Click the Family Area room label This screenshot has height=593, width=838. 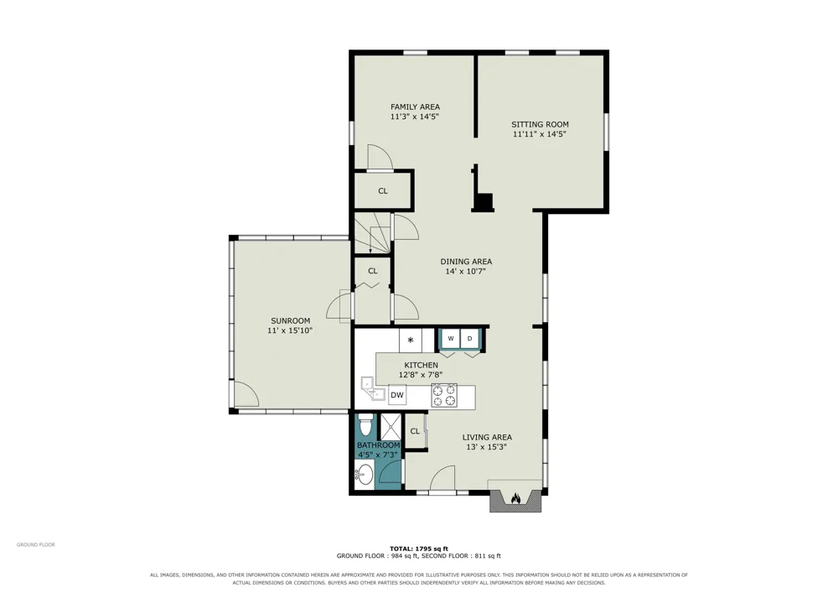[x=415, y=107]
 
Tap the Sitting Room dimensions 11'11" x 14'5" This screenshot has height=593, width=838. [x=539, y=134]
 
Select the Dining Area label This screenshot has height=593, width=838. [x=466, y=262]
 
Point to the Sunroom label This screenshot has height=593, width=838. [x=290, y=321]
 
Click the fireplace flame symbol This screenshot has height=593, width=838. [x=515, y=498]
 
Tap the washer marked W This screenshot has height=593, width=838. [x=451, y=339]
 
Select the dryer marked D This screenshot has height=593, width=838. [x=470, y=339]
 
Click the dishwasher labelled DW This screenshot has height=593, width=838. [x=397, y=395]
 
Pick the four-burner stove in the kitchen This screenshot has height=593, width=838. [x=445, y=395]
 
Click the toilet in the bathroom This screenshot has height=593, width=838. [x=365, y=425]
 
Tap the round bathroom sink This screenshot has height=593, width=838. [x=365, y=474]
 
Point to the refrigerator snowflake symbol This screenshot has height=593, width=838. [x=411, y=340]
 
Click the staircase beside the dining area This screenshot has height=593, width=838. [x=373, y=233]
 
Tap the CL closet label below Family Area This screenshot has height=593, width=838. [x=383, y=191]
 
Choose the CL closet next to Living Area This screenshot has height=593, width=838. [x=416, y=431]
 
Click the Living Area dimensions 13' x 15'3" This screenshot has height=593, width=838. [x=486, y=447]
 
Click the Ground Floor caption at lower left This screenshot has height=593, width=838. [x=36, y=545]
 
